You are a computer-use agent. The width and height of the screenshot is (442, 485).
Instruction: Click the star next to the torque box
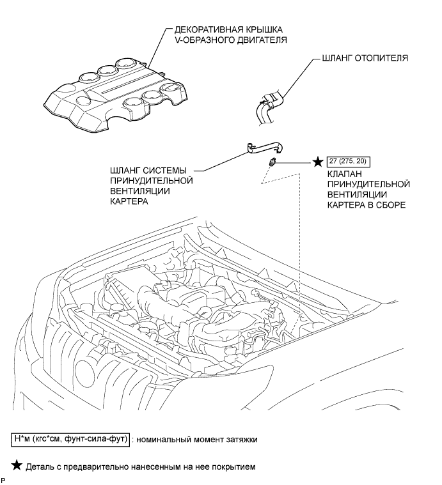[318, 162]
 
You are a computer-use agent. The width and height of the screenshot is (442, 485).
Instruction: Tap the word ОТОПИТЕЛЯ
[381, 58]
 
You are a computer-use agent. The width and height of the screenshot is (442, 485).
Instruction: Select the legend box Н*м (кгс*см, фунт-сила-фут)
[70, 439]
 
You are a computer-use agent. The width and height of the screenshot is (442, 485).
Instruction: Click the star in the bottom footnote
[17, 465]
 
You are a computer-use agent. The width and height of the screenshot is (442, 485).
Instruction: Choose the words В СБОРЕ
[386, 205]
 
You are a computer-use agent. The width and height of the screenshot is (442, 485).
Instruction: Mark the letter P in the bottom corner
[3, 481]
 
